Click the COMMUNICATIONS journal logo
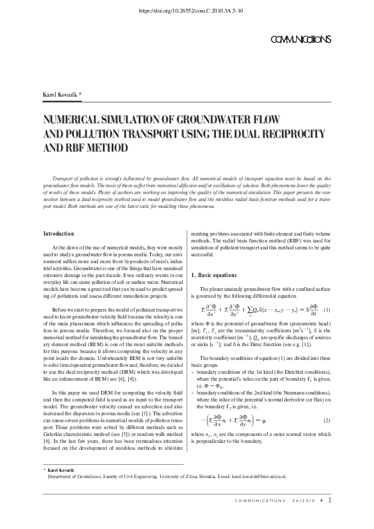tap(299, 40)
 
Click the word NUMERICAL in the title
tap(72, 119)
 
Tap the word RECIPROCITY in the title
tap(294, 133)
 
